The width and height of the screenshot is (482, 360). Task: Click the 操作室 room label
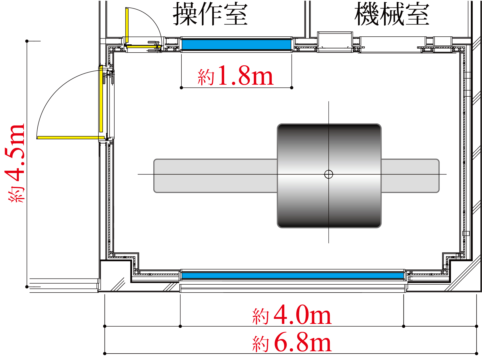coord(210,14)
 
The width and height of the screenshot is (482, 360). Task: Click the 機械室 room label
coord(392,14)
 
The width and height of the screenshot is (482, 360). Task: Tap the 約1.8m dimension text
coord(236,76)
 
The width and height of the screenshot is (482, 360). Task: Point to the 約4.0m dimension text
coord(292,315)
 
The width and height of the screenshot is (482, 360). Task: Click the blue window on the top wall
coord(236,44)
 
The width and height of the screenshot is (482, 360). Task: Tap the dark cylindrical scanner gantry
coord(329,202)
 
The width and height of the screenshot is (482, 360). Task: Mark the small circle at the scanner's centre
coord(329,174)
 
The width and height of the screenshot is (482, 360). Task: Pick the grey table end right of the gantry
coord(410,176)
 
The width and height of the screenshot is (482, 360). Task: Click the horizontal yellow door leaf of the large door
coord(71,138)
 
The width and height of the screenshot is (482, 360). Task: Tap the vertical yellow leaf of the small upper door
coord(127,25)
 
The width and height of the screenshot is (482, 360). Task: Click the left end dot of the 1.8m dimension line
coord(181,88)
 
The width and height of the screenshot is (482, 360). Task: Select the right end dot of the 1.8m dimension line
coord(292,88)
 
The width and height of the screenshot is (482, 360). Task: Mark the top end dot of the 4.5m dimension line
coord(27,41)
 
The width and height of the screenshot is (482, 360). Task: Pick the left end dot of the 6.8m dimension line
coord(105,354)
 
